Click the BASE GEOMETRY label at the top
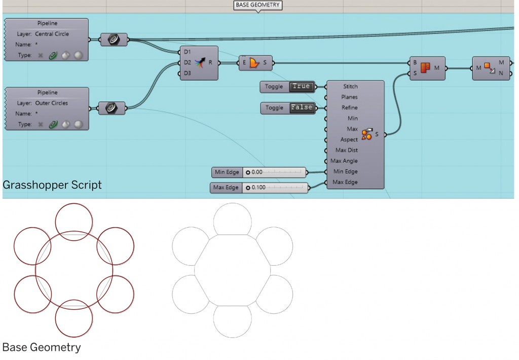[257, 5]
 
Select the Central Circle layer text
[52, 34]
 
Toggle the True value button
[301, 87]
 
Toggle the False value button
[302, 107]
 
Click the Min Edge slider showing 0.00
[274, 172]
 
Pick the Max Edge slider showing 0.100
[275, 188]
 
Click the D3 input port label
[188, 74]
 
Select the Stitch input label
[350, 87]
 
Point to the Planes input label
[349, 97]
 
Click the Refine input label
[349, 108]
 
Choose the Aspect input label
[349, 139]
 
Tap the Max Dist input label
[346, 150]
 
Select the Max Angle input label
[344, 161]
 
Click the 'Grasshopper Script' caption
[52, 185]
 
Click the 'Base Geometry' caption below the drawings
[42, 347]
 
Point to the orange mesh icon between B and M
[425, 68]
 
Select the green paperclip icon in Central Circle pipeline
[53, 55]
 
